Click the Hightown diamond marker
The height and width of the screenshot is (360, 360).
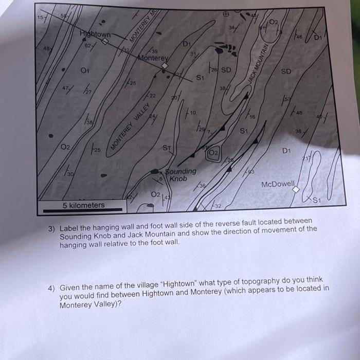(x=105, y=41)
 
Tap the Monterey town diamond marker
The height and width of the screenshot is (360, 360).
(x=164, y=66)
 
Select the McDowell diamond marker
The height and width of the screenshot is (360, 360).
(x=296, y=190)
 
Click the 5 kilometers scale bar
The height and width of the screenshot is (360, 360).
(x=84, y=210)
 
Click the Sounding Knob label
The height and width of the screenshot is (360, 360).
(x=180, y=175)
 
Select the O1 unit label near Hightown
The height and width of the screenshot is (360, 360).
(x=85, y=70)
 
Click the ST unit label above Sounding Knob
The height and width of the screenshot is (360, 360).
(x=167, y=148)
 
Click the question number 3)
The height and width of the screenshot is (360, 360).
(x=51, y=229)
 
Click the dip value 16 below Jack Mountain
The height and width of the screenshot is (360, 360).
(x=252, y=117)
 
